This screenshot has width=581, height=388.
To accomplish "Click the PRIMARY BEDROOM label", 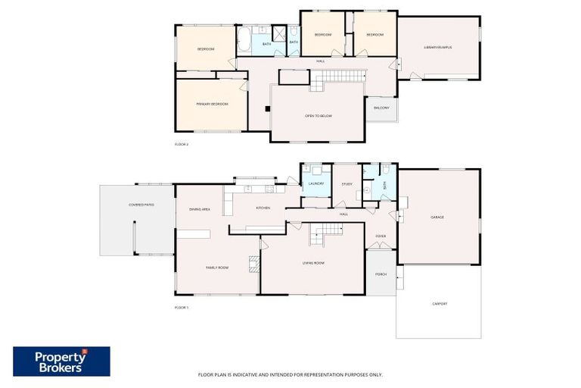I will tap(213, 104).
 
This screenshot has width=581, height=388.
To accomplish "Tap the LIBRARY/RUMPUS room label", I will tap(438, 47).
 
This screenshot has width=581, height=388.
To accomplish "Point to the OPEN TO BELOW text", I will tap(318, 116).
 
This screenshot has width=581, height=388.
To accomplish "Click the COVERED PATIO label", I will tap(141, 205).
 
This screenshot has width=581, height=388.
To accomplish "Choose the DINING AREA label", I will tap(200, 208).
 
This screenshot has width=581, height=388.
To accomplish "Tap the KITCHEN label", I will tap(263, 208).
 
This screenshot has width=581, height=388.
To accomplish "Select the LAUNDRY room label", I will tap(316, 183).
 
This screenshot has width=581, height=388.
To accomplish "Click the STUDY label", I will tap(347, 183).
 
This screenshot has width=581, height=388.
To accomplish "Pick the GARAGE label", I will tap(437, 217).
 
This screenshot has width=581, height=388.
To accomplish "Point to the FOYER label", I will tap(381, 236).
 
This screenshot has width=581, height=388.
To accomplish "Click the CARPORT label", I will tap(440, 304).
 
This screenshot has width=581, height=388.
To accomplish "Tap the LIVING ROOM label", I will tap(313, 263).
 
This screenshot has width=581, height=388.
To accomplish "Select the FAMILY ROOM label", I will tap(218, 268).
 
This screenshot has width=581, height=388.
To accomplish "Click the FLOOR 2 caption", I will tap(182, 144).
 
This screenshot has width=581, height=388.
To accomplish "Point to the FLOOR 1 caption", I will tap(182, 308).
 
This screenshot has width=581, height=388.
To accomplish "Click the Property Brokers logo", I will tap(61, 361).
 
